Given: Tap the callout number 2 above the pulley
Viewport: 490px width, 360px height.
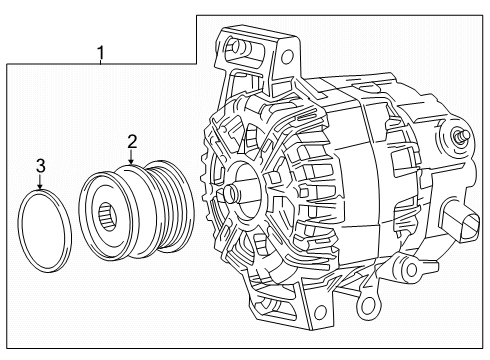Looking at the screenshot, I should tap(130, 141).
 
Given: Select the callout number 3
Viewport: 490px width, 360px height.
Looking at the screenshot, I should tap(41, 165).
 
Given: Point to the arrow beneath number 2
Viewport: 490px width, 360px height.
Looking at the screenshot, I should tap(130, 159).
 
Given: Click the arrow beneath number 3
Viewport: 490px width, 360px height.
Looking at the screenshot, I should tap(41, 183).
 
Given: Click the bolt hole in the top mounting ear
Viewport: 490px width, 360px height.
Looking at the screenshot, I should tap(237, 45).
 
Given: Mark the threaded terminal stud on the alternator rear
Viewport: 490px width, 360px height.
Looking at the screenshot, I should tap(462, 135).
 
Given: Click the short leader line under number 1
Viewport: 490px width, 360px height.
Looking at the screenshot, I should tap(101, 61).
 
